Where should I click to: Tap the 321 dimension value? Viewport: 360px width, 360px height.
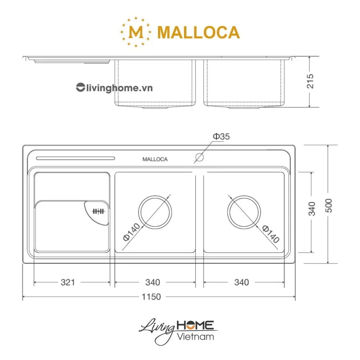click(68, 282)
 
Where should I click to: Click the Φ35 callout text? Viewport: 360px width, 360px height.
click(221, 137)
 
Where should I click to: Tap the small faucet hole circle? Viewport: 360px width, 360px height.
click(199, 157)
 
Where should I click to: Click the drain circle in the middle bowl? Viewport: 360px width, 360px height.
click(155, 212)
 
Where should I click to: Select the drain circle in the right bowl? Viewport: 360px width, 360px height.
click(244, 212)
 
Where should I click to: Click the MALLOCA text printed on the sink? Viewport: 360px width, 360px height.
click(155, 159)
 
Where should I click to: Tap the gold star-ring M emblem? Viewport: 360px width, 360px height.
click(136, 32)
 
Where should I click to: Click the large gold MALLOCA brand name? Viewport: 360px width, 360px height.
click(198, 32)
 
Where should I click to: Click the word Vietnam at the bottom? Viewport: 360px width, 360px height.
click(195, 336)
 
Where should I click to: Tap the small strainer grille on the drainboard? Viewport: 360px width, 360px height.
click(98, 212)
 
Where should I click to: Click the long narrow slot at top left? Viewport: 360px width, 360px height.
click(75, 158)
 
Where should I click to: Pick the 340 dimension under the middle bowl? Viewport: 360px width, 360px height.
click(152, 282)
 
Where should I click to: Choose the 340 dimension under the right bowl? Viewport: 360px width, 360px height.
click(241, 282)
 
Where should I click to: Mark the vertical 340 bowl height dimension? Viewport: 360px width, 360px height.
click(312, 208)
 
